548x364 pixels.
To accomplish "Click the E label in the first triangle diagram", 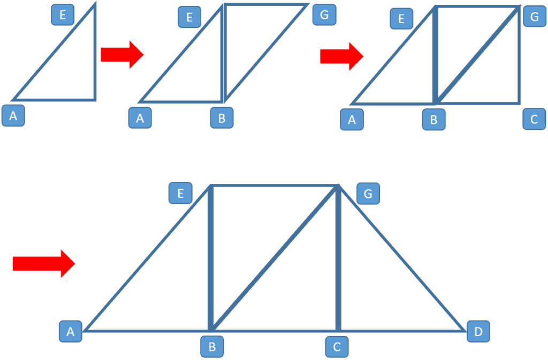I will pos(63,15).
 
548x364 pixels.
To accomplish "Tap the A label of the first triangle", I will pos(13,116).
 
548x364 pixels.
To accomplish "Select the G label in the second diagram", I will pos(324,14).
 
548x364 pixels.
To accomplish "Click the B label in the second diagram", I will pos(222,118).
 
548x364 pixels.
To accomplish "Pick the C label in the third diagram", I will pos(534,119).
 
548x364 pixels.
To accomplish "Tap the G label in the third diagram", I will pos(534,17).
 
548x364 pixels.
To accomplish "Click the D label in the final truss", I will pos(478,332).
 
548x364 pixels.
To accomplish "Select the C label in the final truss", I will pos(337,347).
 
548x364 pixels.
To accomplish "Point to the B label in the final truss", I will pos(212,347).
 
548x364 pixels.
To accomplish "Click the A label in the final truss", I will pos(70,332).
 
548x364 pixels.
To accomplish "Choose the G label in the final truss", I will pos(368,193).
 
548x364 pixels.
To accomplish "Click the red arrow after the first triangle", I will pos(122,54).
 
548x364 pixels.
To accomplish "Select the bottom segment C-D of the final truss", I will pos(401,330).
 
